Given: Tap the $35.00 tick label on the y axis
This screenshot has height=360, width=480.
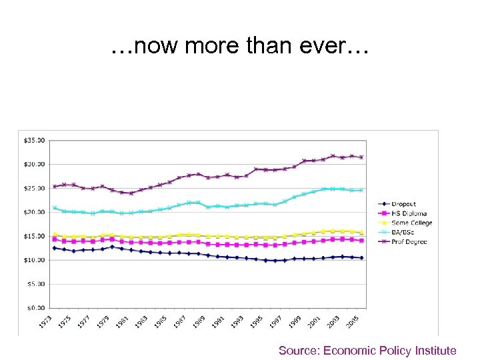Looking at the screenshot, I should tap(35, 141).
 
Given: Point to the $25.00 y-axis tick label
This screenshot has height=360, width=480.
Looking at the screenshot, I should tap(35, 188).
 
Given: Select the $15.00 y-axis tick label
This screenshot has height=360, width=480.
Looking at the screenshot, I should tap(35, 236).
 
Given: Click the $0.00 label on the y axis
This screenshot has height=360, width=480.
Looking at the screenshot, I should tap(36, 308).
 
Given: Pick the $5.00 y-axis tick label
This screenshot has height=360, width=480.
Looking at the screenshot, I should tap(36, 284).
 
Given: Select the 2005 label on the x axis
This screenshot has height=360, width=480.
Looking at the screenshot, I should tap(353, 321).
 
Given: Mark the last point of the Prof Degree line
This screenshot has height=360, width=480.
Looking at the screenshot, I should tap(362, 157).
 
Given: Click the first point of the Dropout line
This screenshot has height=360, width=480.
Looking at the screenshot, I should tap(55, 248).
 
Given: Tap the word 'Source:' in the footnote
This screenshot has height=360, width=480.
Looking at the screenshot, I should tap(299, 350).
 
